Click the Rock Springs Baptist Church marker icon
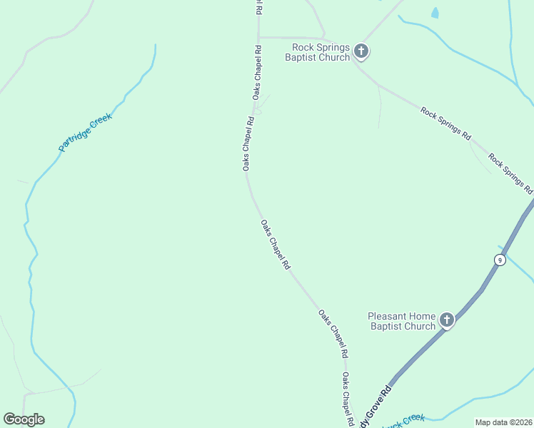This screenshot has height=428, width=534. pyautogui.click(x=361, y=51)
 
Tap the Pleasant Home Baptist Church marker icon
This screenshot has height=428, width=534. pyautogui.click(x=447, y=320)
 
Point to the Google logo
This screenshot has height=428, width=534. pyautogui.click(x=24, y=419)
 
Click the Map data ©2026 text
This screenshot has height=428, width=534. pyautogui.click(x=503, y=422)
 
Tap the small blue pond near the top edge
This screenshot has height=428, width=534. pyautogui.click(x=435, y=12)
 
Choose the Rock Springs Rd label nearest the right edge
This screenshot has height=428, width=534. pyautogui.click(x=510, y=173)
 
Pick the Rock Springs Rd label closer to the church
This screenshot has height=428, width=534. pyautogui.click(x=446, y=123)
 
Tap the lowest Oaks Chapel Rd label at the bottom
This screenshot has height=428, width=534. pyautogui.click(x=348, y=399)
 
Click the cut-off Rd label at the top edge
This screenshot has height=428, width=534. pyautogui.click(x=259, y=7)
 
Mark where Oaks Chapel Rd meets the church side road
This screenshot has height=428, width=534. pyautogui.click(x=258, y=37)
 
